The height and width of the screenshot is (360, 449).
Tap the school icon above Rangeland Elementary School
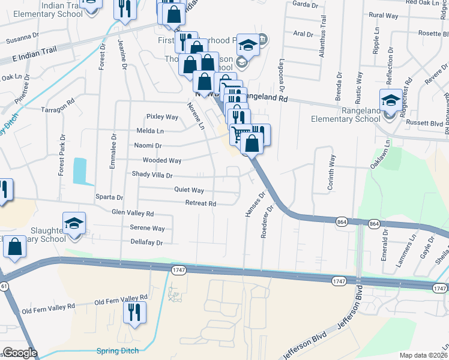point(391,100)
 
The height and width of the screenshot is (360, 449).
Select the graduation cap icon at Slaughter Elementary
point(74,224)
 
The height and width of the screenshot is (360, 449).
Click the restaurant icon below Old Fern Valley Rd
point(134,312)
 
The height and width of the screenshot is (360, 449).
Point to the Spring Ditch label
point(118,350)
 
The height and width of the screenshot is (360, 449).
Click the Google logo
point(19,353)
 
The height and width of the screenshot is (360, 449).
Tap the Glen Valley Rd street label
point(133,213)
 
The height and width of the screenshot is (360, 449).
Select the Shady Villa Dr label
point(152,175)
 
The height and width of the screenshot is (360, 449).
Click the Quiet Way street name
point(189,190)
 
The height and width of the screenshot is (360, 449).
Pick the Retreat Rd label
point(200,204)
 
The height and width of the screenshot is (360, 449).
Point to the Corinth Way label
point(330,173)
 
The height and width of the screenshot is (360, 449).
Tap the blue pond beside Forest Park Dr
point(80,170)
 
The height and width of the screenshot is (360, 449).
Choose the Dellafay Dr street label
point(146,242)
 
